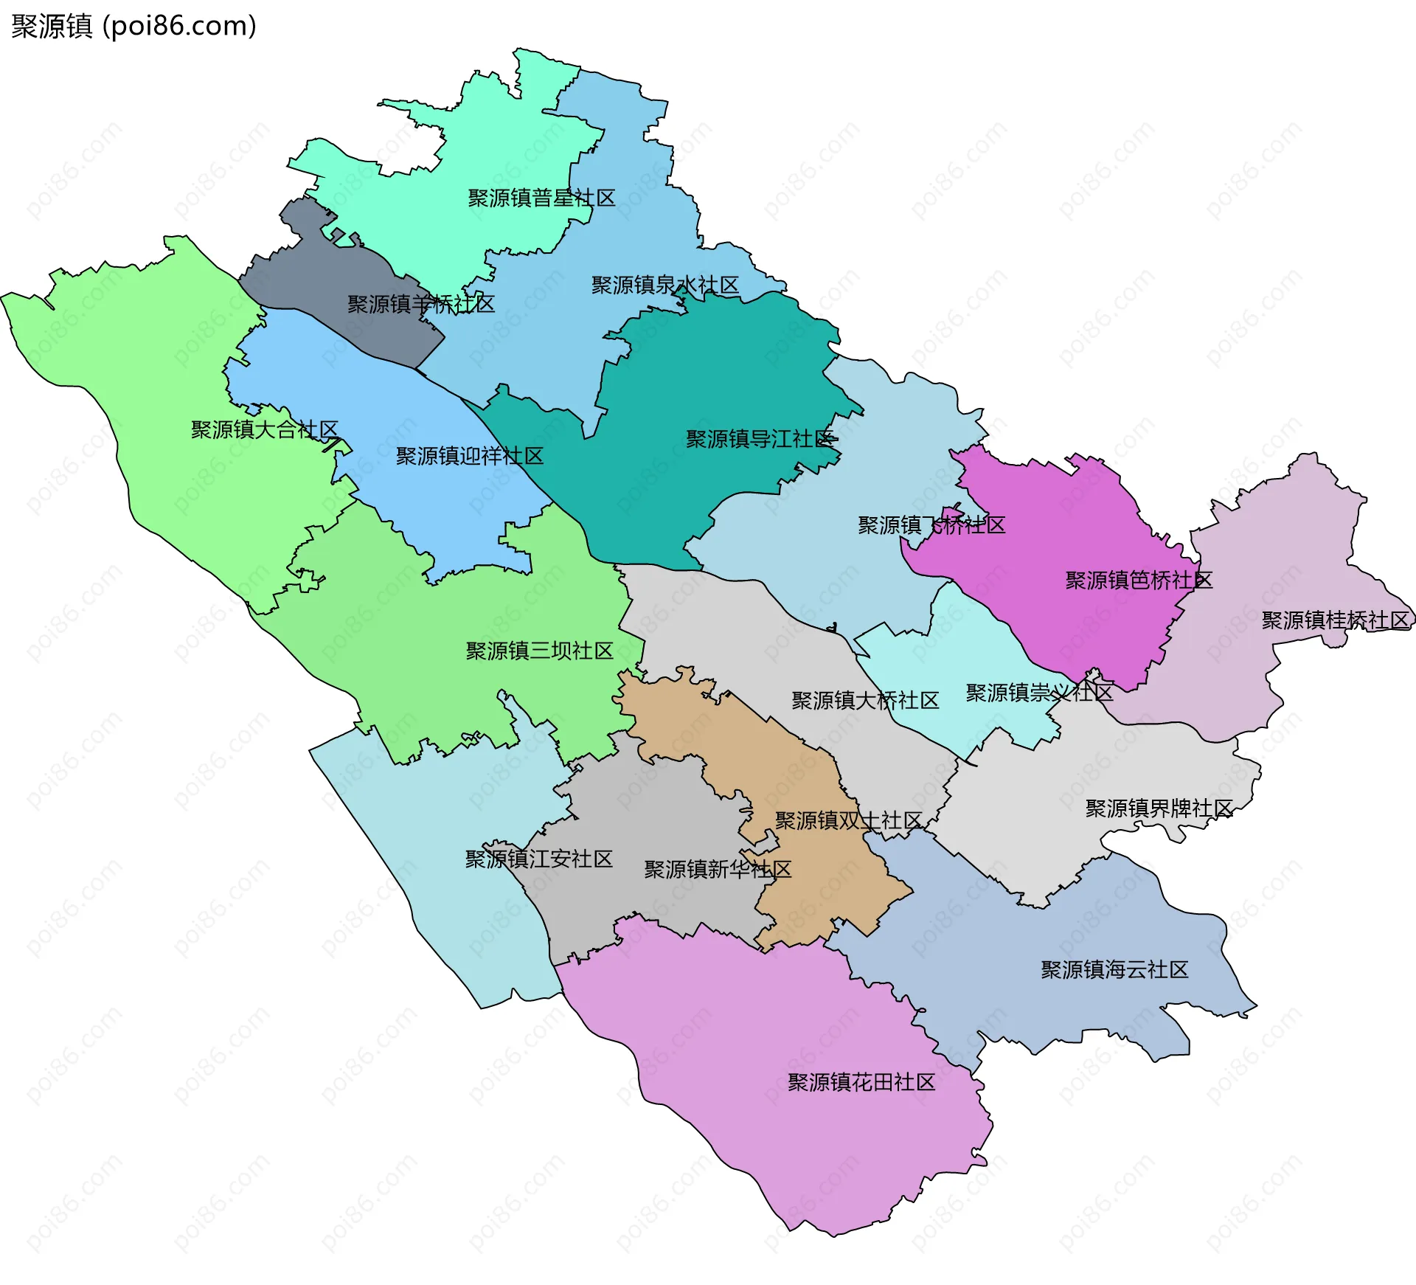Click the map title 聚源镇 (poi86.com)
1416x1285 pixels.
coord(133,27)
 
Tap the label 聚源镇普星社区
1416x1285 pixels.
coord(541,198)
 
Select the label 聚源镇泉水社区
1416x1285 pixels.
coord(664,285)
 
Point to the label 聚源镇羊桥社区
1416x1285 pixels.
coord(420,304)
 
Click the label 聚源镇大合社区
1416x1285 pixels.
coord(264,429)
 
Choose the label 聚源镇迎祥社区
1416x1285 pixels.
coord(469,456)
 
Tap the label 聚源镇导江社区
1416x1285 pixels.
coord(760,439)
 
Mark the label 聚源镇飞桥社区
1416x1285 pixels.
coord(931,525)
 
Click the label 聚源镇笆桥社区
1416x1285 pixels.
coord(1139,580)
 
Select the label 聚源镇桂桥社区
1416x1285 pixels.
coord(1335,620)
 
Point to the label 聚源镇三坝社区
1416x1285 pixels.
coord(539,651)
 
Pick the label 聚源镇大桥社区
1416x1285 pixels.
coord(865,700)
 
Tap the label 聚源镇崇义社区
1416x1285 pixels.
coord(1039,693)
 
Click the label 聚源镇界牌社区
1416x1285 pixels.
coord(1159,808)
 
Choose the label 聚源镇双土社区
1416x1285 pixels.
coord(848,820)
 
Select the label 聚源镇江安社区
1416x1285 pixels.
coord(538,859)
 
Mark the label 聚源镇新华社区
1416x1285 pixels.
coord(718,869)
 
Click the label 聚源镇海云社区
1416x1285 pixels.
coord(1114,969)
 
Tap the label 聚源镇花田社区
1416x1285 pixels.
coord(861,1082)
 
